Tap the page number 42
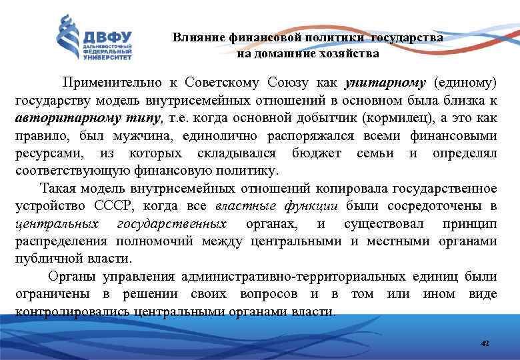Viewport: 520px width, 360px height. (x=485, y=343)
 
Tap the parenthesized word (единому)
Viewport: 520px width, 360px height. (x=465, y=83)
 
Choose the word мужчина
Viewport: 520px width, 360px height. (x=131, y=137)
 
